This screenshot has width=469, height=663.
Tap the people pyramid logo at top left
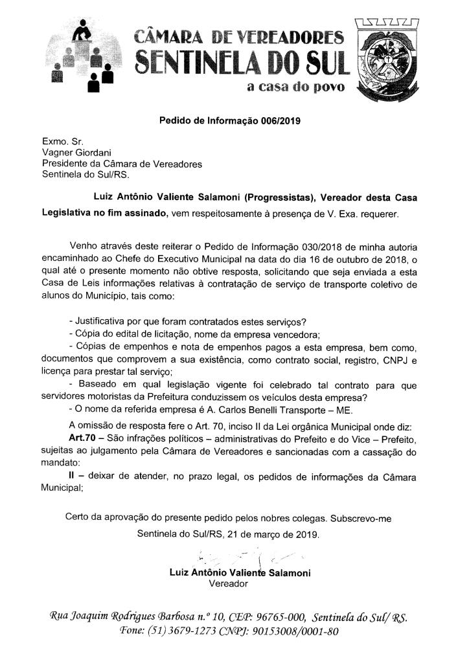(82, 59)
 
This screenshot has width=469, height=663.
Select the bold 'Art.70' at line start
(82, 438)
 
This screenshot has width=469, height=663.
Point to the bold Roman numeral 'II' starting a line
(73, 477)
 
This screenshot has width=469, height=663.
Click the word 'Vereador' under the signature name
(229, 583)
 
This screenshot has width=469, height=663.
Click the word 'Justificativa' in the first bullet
(103, 322)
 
